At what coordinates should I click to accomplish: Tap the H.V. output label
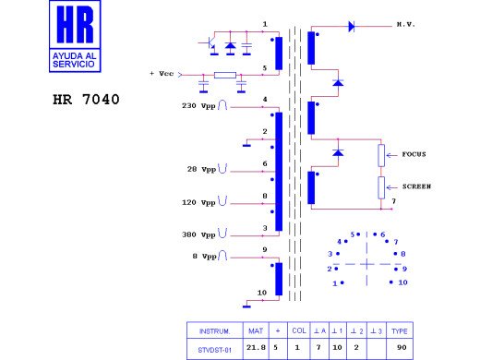pos(408,23)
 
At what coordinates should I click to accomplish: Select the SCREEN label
pos(416,186)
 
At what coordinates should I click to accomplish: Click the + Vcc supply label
pos(162,74)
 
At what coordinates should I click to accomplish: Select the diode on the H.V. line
pos(352,27)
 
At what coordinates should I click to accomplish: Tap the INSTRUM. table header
pos(213,330)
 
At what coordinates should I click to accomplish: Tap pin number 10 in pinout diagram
pos(402,282)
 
